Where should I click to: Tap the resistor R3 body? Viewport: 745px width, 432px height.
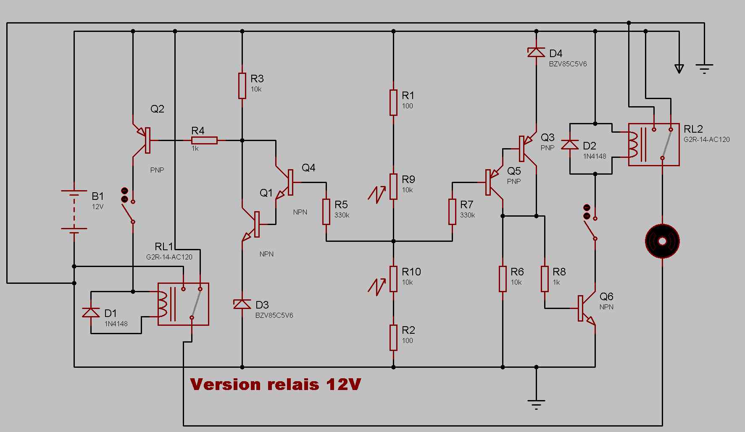(242, 86)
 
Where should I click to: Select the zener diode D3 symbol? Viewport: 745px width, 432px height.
(242, 304)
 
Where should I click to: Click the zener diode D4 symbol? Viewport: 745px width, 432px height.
(536, 52)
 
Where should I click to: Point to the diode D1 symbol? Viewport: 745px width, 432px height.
(91, 312)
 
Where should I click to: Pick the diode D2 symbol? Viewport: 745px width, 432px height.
(570, 144)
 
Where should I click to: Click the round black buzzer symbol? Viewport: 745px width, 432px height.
(662, 241)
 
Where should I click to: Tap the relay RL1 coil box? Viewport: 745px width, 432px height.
(183, 304)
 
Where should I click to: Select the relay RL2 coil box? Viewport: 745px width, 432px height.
(654, 144)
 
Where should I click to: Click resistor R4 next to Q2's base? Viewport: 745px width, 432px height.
(204, 140)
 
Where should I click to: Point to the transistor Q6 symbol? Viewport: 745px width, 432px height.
(587, 308)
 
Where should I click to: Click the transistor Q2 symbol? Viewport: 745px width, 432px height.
(141, 140)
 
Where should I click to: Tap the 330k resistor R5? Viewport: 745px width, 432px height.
(326, 212)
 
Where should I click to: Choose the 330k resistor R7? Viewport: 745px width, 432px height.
(452, 212)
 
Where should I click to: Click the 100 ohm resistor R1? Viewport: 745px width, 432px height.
(393, 102)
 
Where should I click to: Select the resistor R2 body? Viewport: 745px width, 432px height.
(393, 338)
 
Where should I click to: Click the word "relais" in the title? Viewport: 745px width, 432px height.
(290, 384)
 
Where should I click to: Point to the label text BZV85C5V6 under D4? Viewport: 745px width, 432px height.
(568, 64)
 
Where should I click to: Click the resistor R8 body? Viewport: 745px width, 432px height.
(545, 279)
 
